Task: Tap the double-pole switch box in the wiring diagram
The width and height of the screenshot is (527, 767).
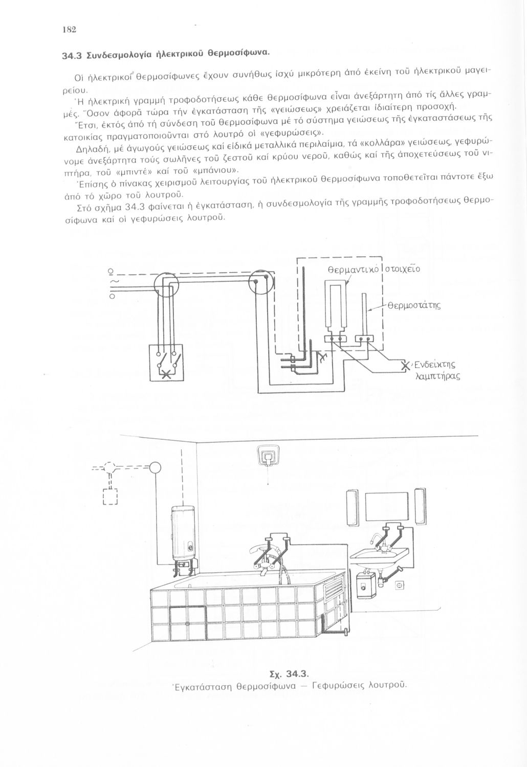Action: pyautogui.click(x=165, y=363)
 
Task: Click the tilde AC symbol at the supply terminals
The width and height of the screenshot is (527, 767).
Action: pyautogui.click(x=114, y=282)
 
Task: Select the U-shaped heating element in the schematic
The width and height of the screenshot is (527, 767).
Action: pyautogui.click(x=335, y=309)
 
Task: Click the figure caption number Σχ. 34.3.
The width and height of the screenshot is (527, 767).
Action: pyautogui.click(x=290, y=671)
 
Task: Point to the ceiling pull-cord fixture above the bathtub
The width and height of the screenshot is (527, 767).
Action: pyautogui.click(x=266, y=456)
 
